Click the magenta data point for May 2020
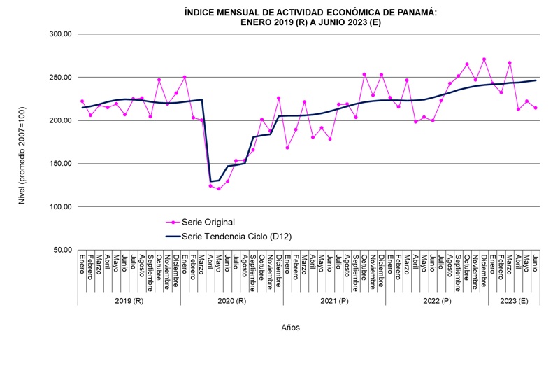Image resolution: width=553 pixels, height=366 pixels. click(219, 188)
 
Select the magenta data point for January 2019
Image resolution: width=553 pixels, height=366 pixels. click(82, 101)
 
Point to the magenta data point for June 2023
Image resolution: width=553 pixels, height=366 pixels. click(536, 108)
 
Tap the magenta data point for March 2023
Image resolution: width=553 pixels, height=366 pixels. click(510, 63)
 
